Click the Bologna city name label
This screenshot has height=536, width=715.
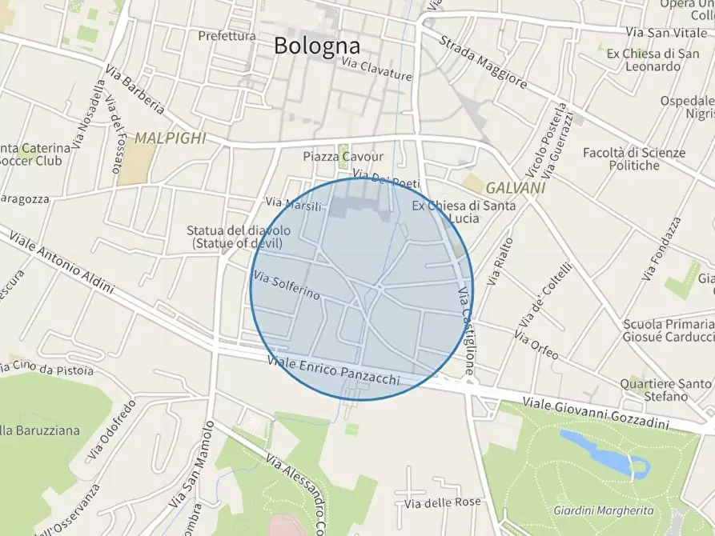click(x=316, y=46)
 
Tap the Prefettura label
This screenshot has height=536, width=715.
click(x=227, y=36)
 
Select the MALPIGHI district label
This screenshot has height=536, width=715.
click(x=170, y=138)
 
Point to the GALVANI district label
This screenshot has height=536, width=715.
click(x=515, y=187)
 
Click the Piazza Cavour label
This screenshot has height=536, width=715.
click(x=343, y=157)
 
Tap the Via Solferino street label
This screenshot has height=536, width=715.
click(x=286, y=286)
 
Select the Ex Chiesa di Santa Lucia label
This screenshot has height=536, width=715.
click(x=456, y=212)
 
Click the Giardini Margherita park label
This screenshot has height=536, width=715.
click(x=603, y=510)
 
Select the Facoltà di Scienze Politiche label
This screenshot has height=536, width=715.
click(x=633, y=159)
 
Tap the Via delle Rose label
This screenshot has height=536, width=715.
click(x=443, y=502)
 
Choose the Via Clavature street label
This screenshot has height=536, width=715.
click(x=376, y=70)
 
